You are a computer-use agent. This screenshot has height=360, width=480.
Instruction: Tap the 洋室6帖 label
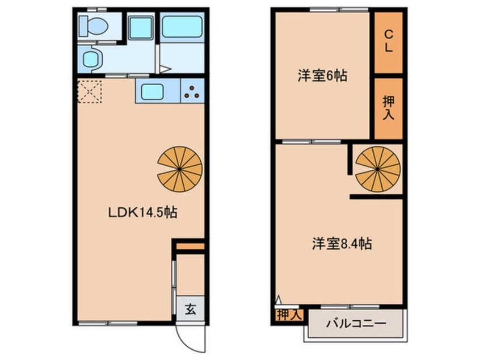(x=322, y=76)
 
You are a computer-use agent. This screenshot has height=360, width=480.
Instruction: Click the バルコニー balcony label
(x=355, y=324)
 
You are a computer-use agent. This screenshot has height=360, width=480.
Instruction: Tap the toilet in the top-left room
(x=92, y=25)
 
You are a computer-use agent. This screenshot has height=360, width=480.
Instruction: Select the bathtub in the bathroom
(x=182, y=26)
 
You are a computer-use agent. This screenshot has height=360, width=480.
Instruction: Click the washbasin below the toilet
(x=91, y=57)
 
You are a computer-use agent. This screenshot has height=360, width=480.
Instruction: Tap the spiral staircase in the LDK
(x=180, y=168)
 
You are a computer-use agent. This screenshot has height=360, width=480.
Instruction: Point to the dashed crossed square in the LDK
(x=89, y=91)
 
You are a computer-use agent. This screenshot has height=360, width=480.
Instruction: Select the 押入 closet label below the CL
(x=388, y=107)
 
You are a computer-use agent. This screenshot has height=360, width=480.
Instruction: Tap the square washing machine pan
(x=138, y=27)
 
